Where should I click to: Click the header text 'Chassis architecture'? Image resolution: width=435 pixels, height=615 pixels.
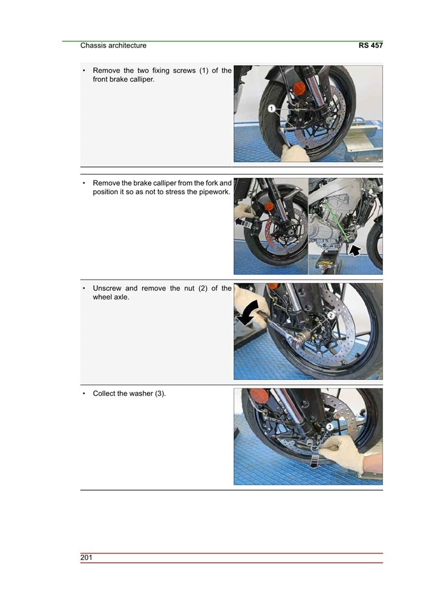point(113,46)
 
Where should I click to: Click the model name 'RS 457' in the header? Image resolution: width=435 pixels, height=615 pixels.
point(370,46)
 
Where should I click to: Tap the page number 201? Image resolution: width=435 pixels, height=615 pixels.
point(86,558)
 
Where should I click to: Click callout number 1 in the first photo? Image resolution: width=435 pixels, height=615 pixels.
point(270,108)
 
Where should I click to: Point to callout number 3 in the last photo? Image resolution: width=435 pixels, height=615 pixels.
point(330,427)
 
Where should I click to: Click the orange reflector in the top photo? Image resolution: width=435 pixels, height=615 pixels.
point(299,87)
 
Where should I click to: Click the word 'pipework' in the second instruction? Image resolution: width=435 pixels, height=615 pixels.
point(213,192)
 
